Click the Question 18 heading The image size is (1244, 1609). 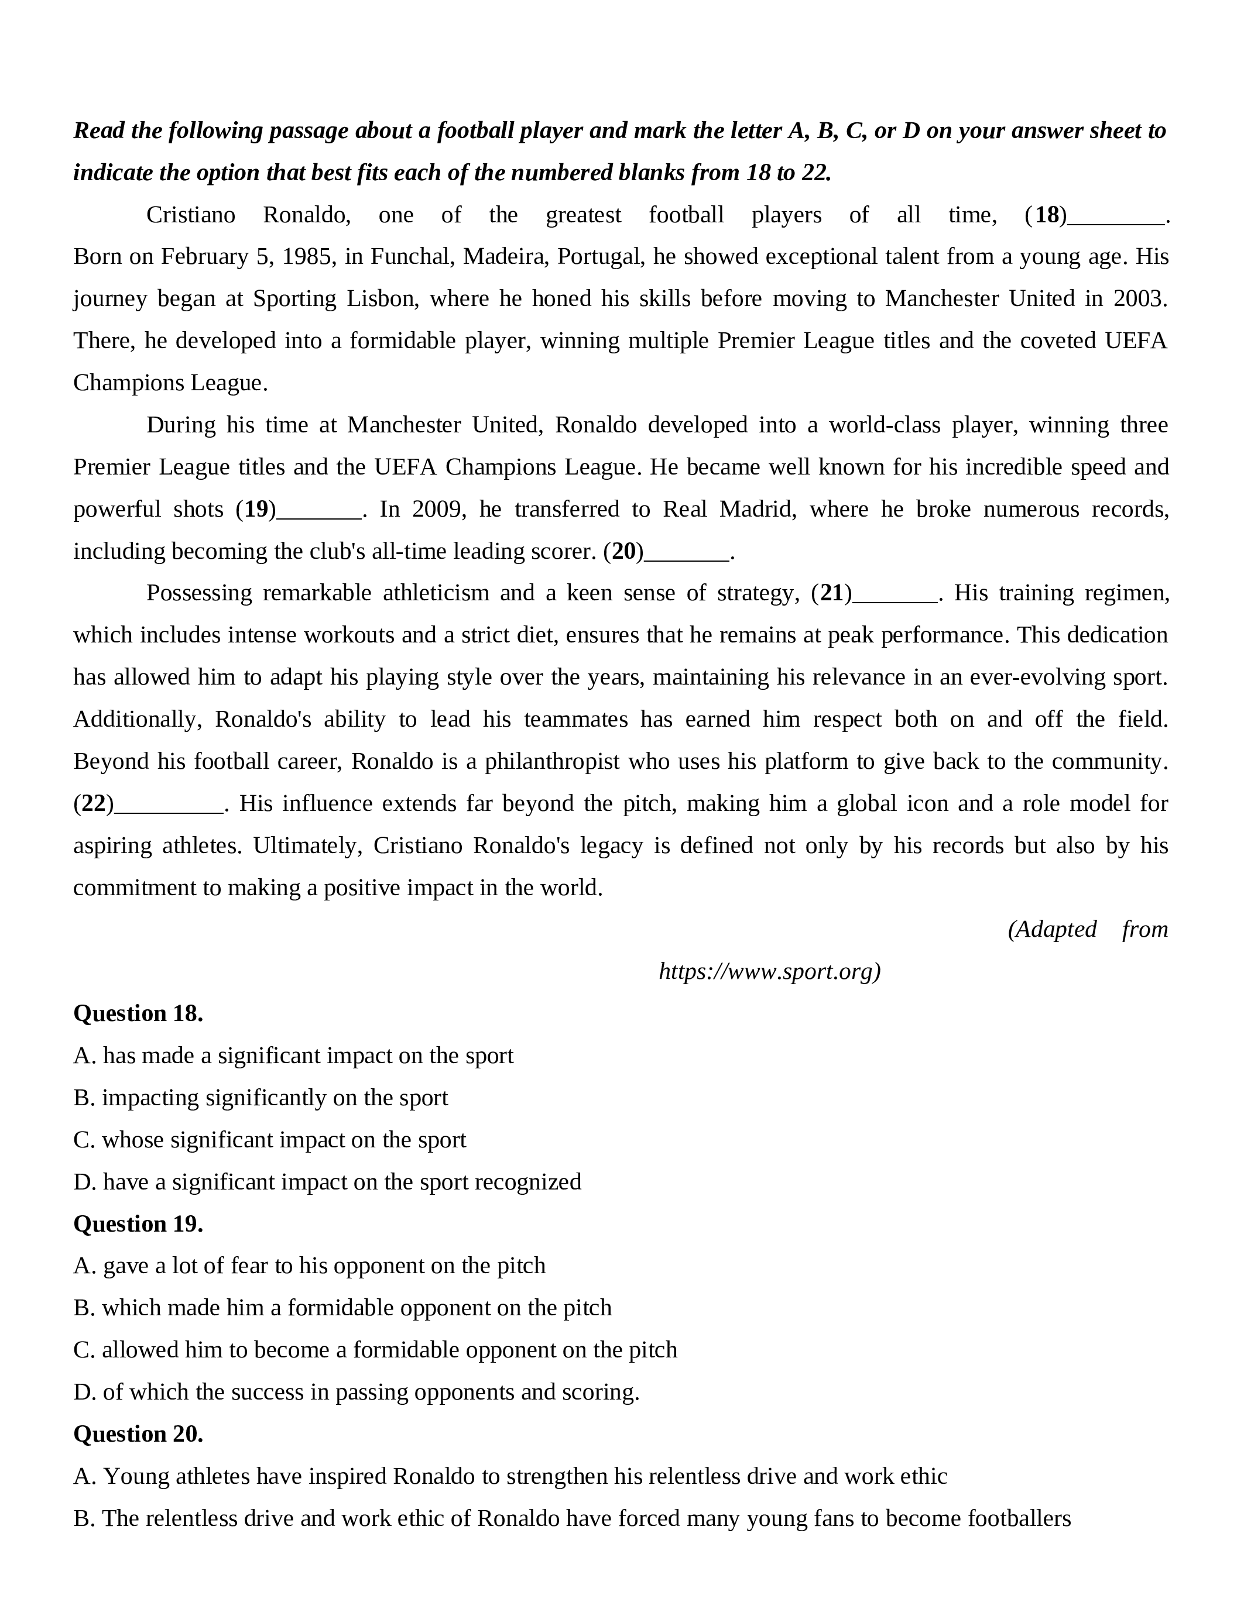(x=138, y=1014)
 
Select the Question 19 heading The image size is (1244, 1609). (x=138, y=1223)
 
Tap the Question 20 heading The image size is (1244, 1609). (x=138, y=1433)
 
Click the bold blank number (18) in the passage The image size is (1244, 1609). (x=1046, y=215)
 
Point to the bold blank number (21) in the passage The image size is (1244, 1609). (x=831, y=593)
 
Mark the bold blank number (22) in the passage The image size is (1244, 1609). (x=94, y=803)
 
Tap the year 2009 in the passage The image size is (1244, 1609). (x=438, y=509)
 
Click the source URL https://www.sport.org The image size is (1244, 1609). (x=769, y=972)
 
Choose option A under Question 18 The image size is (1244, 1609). (x=293, y=1056)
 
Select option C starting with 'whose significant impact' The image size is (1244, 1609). (x=270, y=1140)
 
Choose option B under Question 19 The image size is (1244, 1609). (x=342, y=1308)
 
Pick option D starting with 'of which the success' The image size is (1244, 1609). (x=357, y=1392)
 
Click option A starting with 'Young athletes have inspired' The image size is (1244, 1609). (x=510, y=1476)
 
